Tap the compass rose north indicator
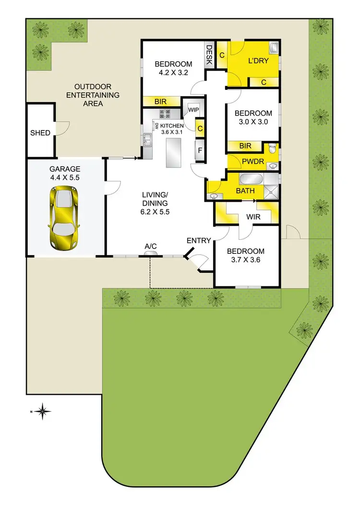(x=43, y=411)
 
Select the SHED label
(x=40, y=132)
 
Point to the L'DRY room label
(x=258, y=61)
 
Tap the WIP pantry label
(x=193, y=110)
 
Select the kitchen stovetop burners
(x=166, y=114)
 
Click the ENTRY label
(x=199, y=240)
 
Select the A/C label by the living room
(x=151, y=247)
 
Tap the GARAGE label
(x=65, y=169)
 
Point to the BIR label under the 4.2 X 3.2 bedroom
(x=160, y=102)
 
